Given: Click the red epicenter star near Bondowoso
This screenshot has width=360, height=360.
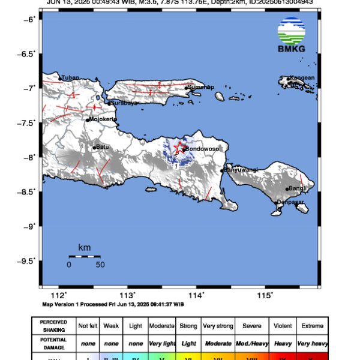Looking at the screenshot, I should click(179, 148).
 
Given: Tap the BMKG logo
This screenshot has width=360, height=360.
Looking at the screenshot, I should click(291, 35).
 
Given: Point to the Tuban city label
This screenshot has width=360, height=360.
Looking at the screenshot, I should click(70, 77).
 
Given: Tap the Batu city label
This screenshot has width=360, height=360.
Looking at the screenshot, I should click(103, 146).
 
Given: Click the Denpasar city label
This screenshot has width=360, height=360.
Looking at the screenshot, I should click(290, 203).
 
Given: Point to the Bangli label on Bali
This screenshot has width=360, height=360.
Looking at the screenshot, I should click(298, 188).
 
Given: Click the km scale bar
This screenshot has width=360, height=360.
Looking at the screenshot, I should click(84, 257).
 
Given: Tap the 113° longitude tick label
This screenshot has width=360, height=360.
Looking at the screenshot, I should click(128, 295).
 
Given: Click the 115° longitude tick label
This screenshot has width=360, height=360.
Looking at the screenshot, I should click(265, 295).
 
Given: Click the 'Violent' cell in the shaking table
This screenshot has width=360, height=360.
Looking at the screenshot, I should click(283, 326).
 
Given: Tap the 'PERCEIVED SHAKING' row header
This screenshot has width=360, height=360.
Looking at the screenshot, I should click(54, 326).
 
